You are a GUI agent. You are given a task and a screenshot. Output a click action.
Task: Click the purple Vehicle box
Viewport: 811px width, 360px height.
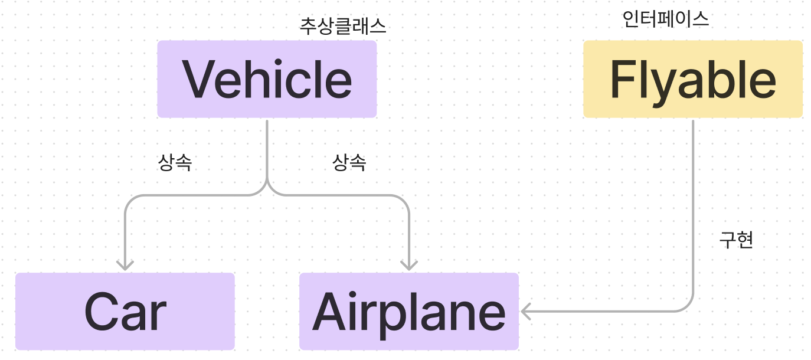point(267,79)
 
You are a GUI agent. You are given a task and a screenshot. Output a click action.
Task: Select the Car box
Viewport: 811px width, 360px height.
point(125,312)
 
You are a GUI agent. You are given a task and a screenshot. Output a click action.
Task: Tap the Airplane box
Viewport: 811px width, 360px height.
point(408,312)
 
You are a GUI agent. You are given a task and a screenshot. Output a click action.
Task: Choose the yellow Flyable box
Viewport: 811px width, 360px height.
point(693,79)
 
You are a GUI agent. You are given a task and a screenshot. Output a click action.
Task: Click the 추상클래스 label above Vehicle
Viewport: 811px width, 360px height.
point(343,27)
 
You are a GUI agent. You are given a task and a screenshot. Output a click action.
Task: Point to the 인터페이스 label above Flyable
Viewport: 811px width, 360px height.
point(665,20)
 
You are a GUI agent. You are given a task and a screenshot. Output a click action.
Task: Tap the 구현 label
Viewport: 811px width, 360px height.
point(736,240)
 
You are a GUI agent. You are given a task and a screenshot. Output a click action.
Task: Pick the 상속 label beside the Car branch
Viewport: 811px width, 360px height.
point(175,163)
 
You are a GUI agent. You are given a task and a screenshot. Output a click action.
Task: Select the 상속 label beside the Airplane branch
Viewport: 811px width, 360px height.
point(349,163)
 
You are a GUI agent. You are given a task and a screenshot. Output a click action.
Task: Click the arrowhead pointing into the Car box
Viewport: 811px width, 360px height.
point(125,264)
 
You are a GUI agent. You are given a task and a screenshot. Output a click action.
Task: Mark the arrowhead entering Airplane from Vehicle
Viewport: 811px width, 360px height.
point(409,264)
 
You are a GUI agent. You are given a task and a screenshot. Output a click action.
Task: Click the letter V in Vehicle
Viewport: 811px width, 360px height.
point(198,79)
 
